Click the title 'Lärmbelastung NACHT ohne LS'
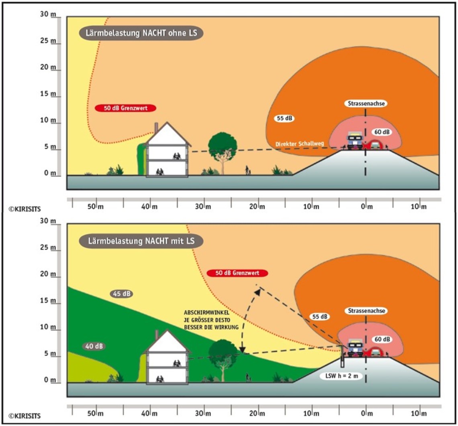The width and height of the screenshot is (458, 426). point(141,33)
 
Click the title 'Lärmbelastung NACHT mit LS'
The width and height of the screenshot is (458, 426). point(141,241)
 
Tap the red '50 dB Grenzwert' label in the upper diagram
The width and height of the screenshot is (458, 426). point(126,108)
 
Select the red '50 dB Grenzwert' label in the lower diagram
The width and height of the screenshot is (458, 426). point(237,273)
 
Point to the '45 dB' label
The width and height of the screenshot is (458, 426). point(121,294)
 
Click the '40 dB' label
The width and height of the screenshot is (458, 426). point(94,346)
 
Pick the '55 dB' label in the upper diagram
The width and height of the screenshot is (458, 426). point(284,118)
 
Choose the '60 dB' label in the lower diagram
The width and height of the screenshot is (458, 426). point(382,339)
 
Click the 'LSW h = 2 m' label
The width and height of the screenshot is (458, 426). point(342,376)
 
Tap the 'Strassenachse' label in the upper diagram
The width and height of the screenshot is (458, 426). point(366,103)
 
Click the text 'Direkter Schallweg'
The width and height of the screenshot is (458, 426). point(300,144)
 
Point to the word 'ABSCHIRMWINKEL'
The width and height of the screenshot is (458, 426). point(207,312)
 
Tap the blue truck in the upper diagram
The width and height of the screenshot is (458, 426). point(355,140)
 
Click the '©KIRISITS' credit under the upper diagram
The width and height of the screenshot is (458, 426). point(25,209)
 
